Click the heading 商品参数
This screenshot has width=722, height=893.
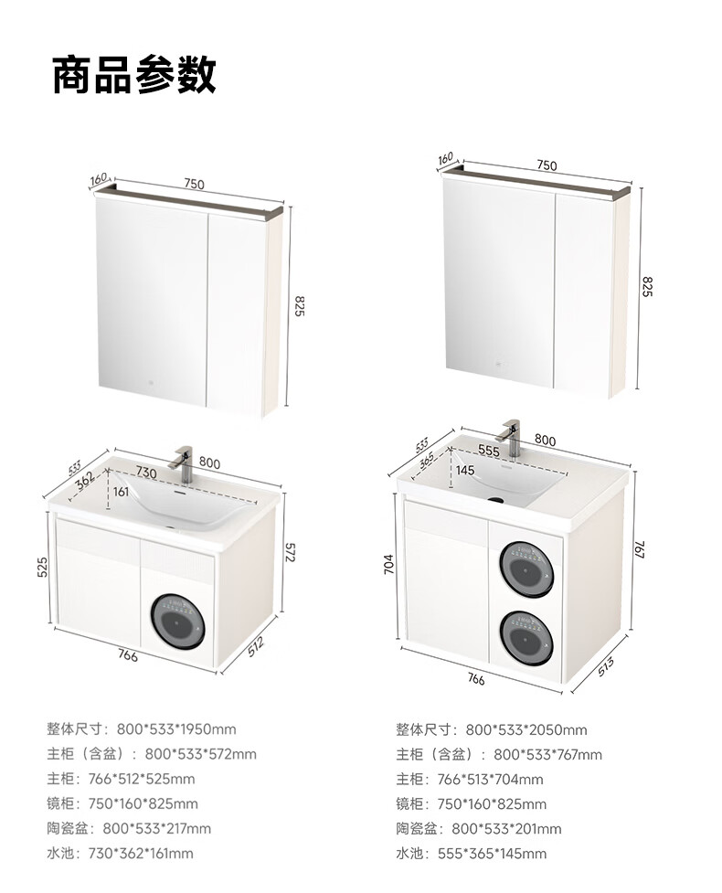(x=134, y=75)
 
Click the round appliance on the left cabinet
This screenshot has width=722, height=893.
(x=177, y=622)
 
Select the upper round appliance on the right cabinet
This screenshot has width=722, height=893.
(x=526, y=569)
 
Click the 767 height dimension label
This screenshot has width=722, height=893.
(x=639, y=549)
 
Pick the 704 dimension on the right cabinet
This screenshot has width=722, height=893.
(x=389, y=564)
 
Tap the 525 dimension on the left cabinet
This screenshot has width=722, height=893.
(x=42, y=568)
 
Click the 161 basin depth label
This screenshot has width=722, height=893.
(x=121, y=492)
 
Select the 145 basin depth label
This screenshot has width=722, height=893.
(x=465, y=471)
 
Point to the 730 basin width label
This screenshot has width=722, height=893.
(x=146, y=473)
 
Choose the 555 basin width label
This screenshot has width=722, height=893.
(x=489, y=451)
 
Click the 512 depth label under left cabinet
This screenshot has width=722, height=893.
(x=256, y=646)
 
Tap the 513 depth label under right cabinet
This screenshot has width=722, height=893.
(x=606, y=666)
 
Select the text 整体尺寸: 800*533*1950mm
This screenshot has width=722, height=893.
(x=142, y=729)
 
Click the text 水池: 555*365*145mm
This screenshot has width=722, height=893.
(x=472, y=853)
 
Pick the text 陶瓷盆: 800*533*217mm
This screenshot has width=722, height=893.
(x=129, y=828)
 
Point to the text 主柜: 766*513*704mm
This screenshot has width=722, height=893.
(x=470, y=779)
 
